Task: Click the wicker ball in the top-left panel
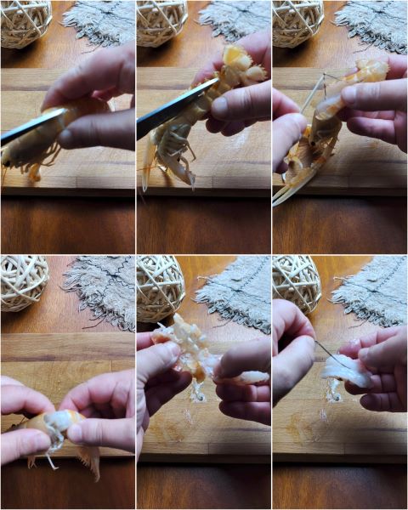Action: click(24, 21)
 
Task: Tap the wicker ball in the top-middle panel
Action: click(161, 21)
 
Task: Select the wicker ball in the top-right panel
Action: click(297, 21)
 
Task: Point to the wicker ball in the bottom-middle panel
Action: click(160, 287)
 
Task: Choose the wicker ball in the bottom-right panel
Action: click(296, 283)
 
